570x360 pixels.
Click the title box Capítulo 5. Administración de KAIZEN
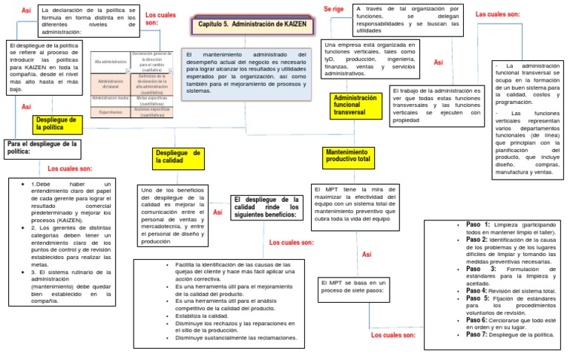[x=252, y=25]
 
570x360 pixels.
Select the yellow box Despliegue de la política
[x=56, y=123]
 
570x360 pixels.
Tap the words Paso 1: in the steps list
[x=478, y=224]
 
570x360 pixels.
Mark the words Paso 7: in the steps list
[x=476, y=334]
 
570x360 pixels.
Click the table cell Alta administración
[x=111, y=62]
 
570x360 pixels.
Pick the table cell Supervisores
[x=111, y=113]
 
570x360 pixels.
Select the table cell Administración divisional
[x=111, y=83]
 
